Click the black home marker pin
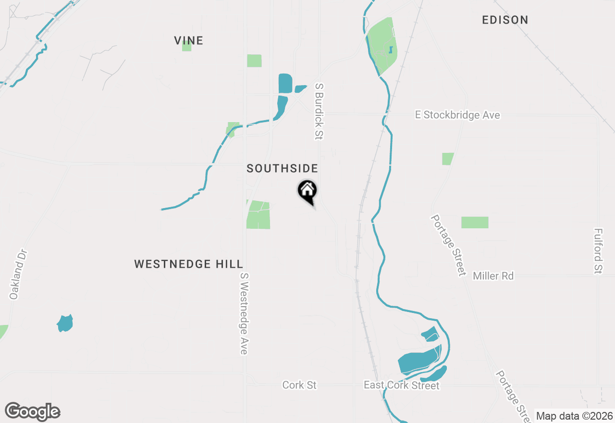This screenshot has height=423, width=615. point(307,191)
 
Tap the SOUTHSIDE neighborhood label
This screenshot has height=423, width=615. point(282,168)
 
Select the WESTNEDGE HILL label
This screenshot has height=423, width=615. point(188,264)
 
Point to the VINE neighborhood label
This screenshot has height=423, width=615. point(188,40)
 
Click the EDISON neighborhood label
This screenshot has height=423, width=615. point(505,20)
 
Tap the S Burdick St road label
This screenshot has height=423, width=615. point(318,111)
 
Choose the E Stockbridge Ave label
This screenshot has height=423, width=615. point(457,115)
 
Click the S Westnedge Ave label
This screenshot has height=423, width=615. point(245,314)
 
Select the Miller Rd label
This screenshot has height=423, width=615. point(493,276)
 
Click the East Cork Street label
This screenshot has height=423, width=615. point(401,386)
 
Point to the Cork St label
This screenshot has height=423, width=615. point(299,386)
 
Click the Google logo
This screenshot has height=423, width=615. point(32,412)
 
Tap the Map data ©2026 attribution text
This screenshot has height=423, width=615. point(574,416)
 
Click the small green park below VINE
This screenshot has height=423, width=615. point(187,46)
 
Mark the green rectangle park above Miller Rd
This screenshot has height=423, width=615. point(475,223)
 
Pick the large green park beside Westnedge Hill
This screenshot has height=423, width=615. point(258,215)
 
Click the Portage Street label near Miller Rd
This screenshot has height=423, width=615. point(448,245)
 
